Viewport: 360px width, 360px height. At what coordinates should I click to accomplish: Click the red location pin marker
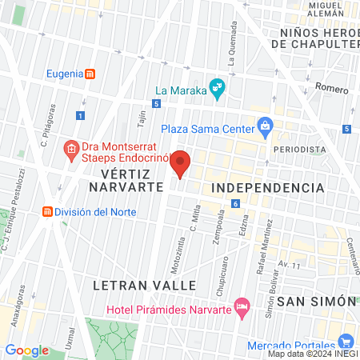[181, 163]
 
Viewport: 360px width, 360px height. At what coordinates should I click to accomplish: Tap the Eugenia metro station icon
[90, 74]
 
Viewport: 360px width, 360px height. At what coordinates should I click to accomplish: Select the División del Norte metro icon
[48, 212]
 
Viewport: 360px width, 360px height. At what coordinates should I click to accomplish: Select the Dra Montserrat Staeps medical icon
[70, 149]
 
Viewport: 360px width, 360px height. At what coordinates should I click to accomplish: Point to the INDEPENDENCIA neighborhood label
[267, 187]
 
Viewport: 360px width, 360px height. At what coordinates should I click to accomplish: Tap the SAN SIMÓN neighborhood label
[316, 301]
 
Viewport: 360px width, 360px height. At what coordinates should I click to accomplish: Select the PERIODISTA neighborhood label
[299, 150]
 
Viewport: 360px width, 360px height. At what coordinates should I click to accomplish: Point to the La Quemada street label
[231, 46]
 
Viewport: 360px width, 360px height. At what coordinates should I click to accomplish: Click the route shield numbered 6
[236, 204]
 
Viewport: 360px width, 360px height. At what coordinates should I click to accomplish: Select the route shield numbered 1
[79, 116]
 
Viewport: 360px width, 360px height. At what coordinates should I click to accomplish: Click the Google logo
[27, 350]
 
